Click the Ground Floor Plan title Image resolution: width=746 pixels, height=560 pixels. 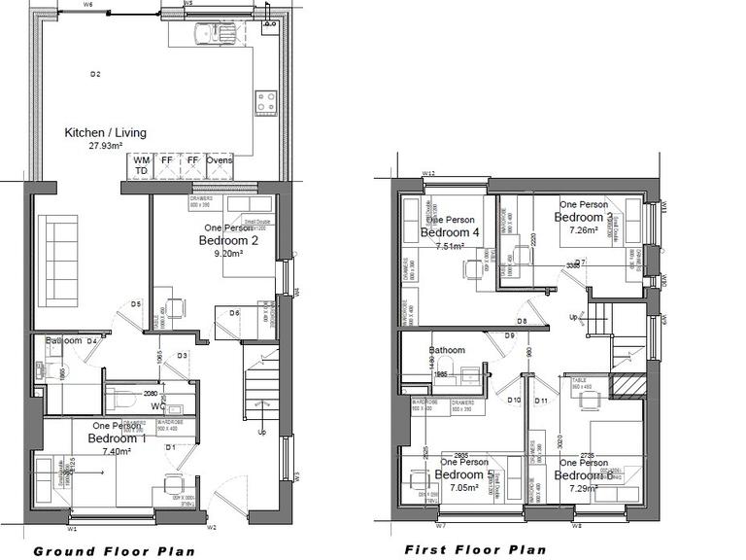(115, 551)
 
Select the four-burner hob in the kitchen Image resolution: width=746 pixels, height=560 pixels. (266, 99)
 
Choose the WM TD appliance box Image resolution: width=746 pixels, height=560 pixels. (142, 165)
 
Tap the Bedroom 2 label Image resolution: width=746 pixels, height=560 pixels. (228, 240)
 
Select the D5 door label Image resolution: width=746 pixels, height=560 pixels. (136, 304)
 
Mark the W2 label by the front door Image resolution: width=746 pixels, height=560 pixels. (211, 529)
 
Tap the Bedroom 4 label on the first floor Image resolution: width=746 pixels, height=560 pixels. (450, 233)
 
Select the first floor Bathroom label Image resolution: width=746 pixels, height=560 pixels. (448, 350)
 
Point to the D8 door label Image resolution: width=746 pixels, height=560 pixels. (522, 321)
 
